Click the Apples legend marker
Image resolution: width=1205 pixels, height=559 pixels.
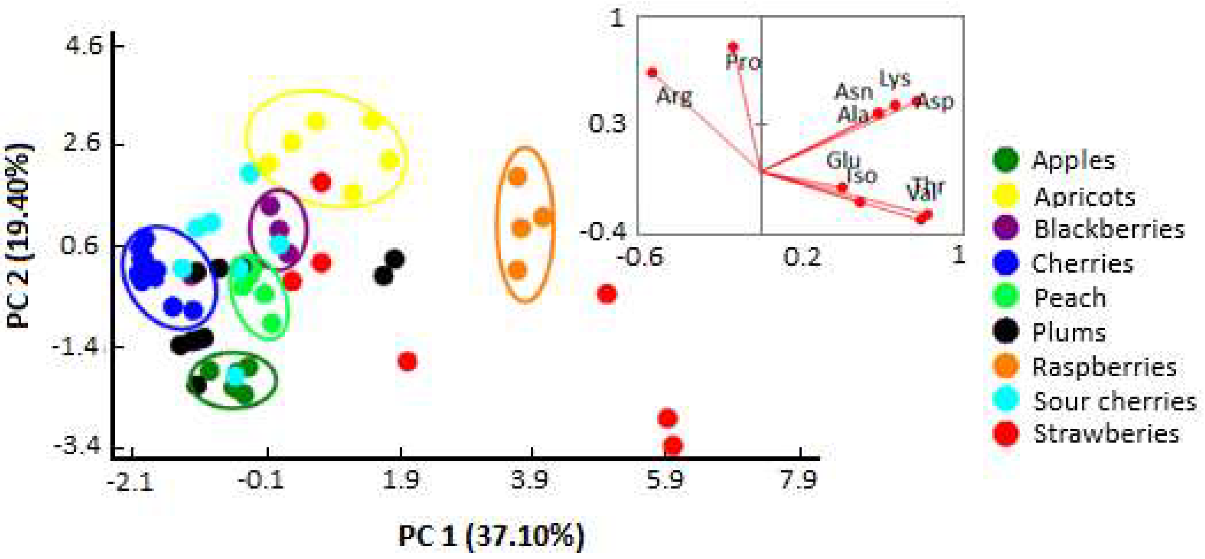(1005, 160)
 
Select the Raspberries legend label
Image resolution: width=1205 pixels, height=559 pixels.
(1104, 367)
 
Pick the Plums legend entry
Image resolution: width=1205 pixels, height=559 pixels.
(1068, 333)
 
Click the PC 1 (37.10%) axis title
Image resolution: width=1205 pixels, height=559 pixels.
(491, 536)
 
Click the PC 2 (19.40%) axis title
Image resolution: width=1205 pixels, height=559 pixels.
(20, 236)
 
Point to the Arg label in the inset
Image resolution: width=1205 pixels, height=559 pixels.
(674, 97)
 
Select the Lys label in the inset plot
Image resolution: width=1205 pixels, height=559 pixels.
(894, 79)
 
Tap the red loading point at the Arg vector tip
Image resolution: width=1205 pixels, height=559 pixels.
(652, 73)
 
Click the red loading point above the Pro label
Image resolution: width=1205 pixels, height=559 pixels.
(733, 47)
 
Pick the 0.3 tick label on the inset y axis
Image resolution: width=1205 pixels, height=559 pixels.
(606, 124)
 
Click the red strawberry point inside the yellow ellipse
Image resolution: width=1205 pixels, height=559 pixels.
(322, 182)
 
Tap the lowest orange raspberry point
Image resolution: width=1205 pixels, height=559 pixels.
(517, 270)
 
